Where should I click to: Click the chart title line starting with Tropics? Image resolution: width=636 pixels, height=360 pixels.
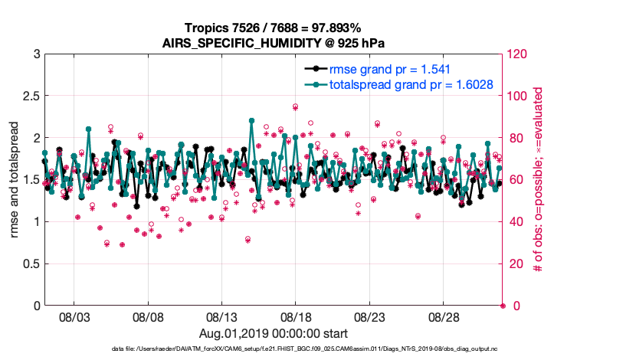coord(274,28)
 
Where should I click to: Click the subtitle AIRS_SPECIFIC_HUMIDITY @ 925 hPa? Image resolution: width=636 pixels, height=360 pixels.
coord(274,42)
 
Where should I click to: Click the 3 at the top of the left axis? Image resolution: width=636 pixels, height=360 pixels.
coord(35,54)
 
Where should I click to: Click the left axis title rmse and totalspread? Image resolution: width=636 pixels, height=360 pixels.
coord(15,180)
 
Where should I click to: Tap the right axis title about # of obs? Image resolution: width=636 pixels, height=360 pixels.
coord(539,180)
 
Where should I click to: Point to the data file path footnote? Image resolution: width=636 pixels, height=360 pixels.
coord(274,349)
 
